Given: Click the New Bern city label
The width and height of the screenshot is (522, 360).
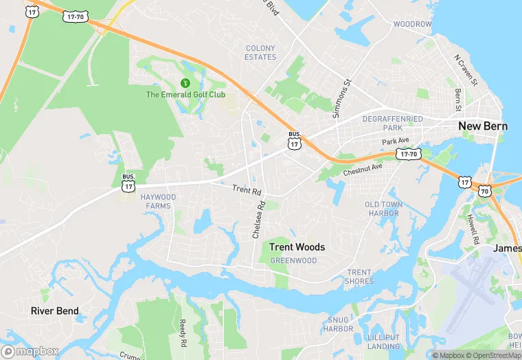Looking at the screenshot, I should tap(483, 126).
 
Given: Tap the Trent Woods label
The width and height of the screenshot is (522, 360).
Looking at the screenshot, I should tap(297, 247).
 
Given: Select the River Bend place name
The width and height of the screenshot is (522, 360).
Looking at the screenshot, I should tap(55, 311).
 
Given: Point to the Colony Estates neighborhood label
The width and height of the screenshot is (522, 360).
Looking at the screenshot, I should tap(260, 53).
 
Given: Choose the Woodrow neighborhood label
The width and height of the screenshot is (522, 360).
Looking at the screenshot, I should tap(412, 25).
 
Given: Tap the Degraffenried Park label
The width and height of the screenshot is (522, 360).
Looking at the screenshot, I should tap(393, 124).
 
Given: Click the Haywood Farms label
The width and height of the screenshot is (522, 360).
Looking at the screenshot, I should tap(158, 201).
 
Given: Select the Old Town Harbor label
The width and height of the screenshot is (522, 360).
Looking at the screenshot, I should tap(382, 209).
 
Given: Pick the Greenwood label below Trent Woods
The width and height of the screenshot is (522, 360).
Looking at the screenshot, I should tap(293, 261).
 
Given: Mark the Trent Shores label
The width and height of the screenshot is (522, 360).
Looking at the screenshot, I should tap(360, 277).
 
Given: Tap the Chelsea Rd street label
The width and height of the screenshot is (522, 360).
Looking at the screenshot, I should tap(258, 220).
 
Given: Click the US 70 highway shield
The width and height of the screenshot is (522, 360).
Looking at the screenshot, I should tap(485, 191).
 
